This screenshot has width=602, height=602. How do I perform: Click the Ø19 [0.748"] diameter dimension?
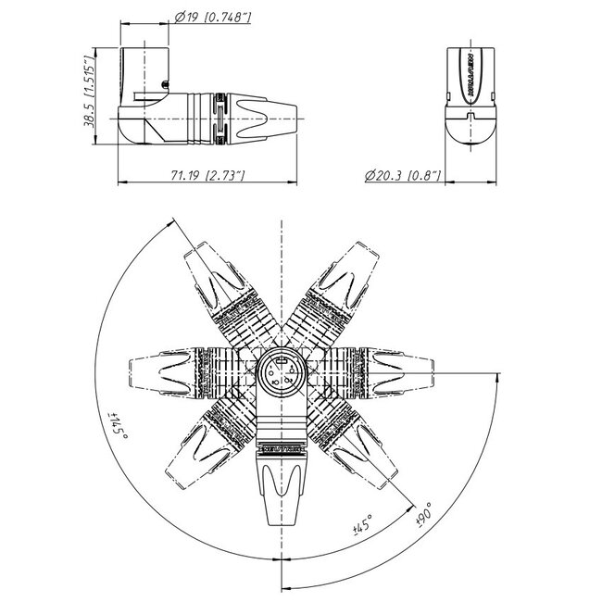(213, 15)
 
